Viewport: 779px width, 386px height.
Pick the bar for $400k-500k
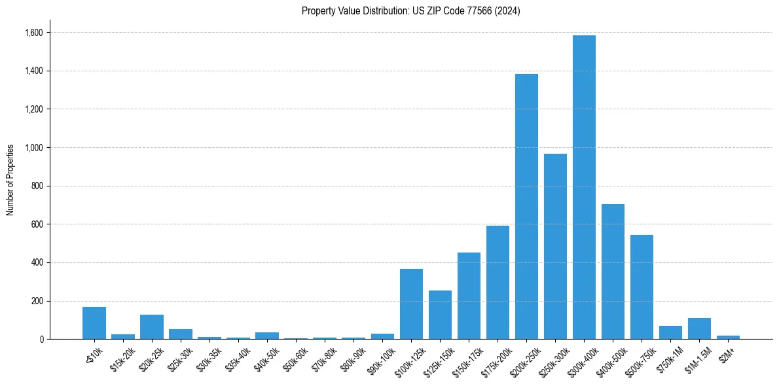pos(613,272)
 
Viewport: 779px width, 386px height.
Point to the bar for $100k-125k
pos(411,304)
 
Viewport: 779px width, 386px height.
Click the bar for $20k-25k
pos(152,327)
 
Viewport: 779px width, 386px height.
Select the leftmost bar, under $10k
pos(94,323)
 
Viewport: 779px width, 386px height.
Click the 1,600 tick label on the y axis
pos(33,33)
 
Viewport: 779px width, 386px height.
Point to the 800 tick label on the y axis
pos(37,186)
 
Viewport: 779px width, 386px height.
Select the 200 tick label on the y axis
pos(37,301)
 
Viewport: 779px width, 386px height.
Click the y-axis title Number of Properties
pos(10,179)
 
